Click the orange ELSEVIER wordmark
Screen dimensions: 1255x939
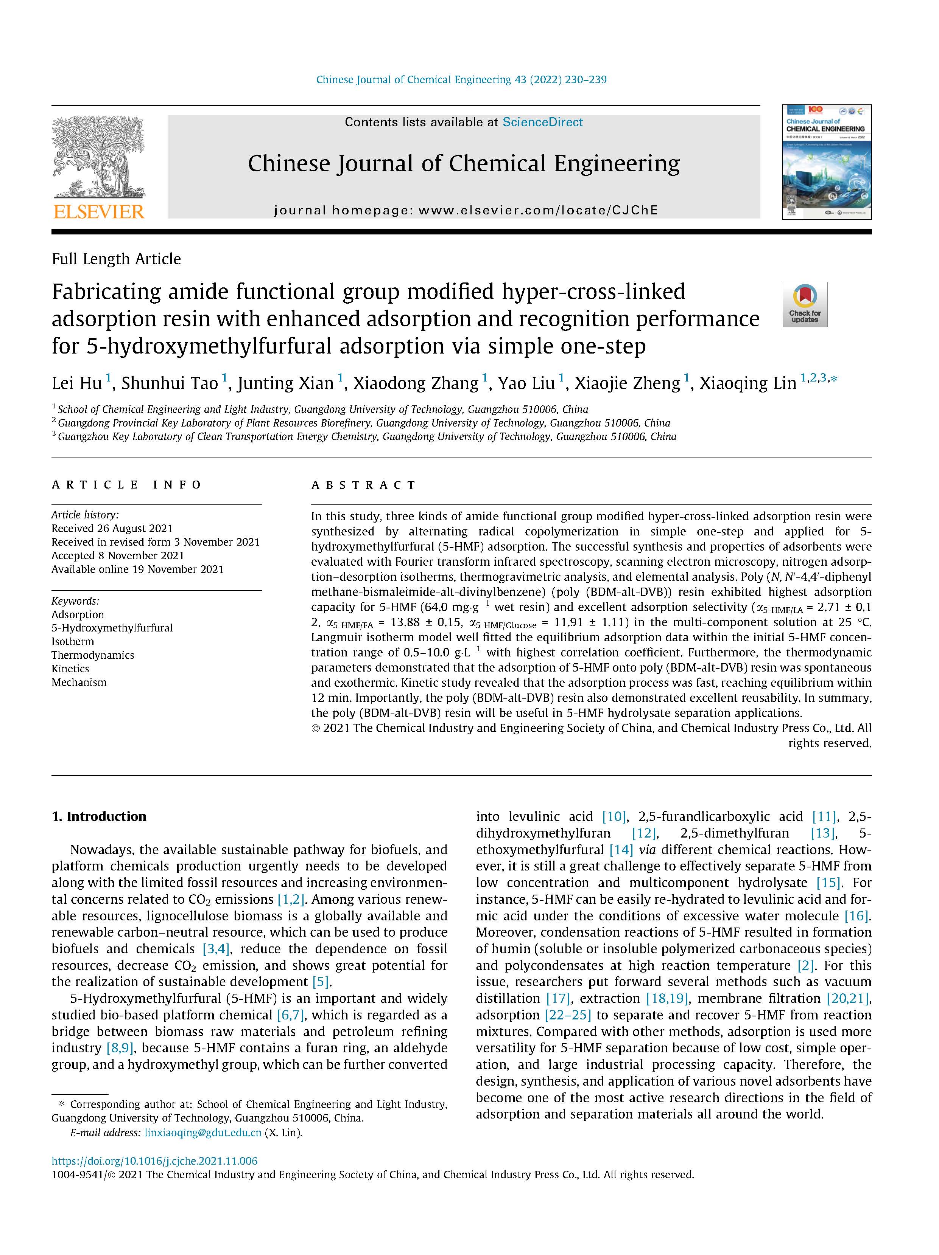point(99,212)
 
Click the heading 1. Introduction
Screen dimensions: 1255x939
point(99,816)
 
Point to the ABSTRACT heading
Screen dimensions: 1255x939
point(363,485)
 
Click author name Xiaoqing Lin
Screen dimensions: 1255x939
point(748,383)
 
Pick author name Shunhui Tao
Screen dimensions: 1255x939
point(169,383)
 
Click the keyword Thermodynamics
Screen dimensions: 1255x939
point(92,655)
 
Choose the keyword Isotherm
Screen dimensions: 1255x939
point(73,641)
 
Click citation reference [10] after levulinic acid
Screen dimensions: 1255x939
point(614,816)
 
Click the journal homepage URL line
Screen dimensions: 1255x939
point(466,211)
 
